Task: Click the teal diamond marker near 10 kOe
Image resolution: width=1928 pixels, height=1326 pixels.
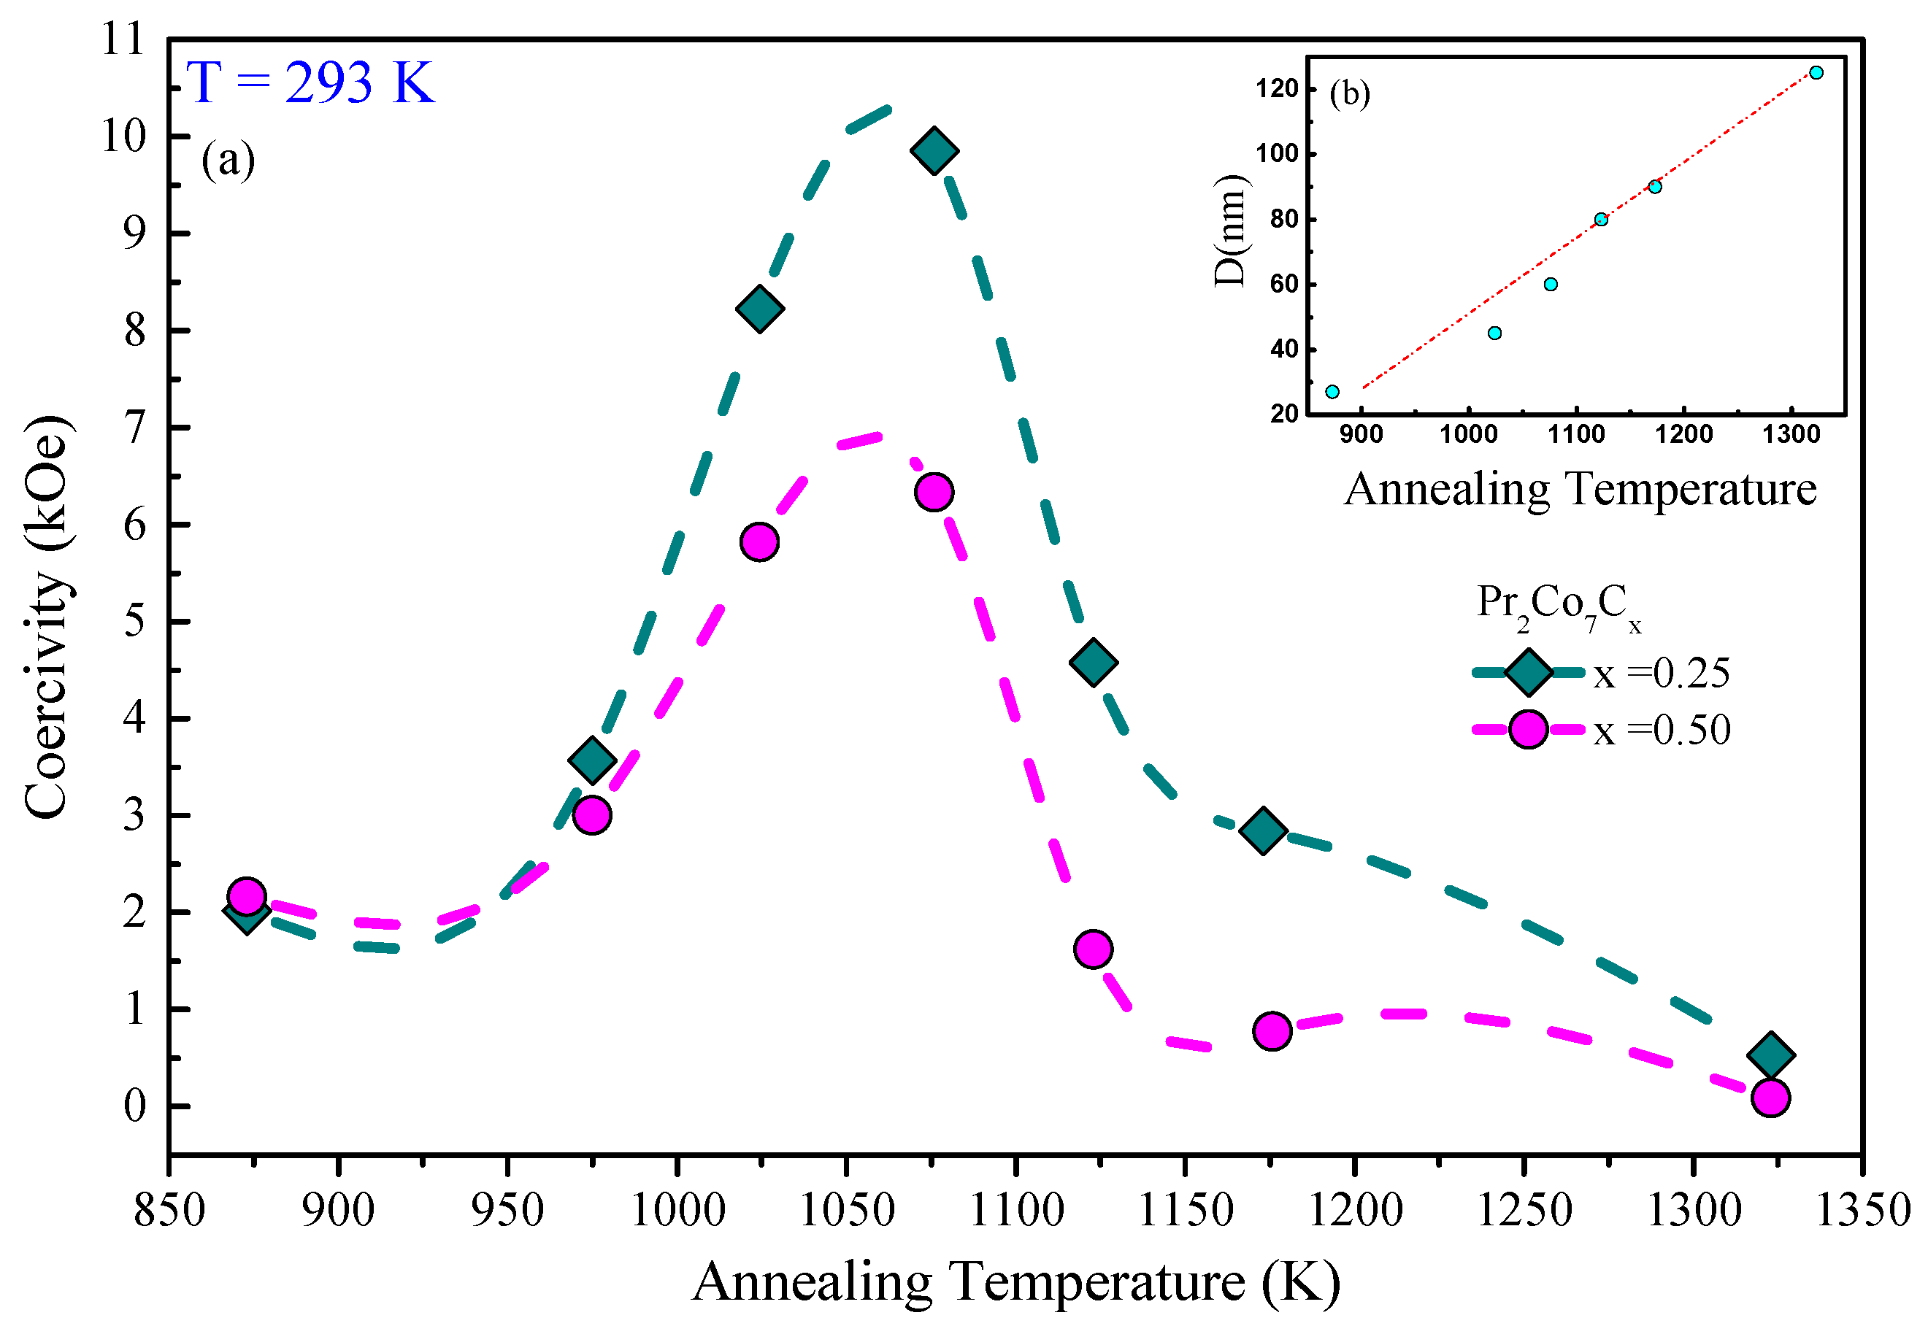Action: click(x=934, y=151)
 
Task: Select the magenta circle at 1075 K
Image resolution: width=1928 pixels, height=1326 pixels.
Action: click(x=934, y=493)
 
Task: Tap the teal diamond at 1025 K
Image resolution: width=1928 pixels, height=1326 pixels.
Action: click(x=759, y=309)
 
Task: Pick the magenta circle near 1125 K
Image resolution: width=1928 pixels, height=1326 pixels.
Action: click(x=1094, y=949)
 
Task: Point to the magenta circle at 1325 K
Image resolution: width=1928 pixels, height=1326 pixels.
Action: click(x=1771, y=1098)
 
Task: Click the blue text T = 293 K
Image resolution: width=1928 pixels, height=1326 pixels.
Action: click(x=311, y=82)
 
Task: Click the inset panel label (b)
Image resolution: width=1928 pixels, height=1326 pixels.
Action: click(x=1350, y=93)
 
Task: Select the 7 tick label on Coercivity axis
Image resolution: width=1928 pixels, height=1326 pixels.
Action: click(x=134, y=428)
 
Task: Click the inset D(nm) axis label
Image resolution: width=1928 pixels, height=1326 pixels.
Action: click(x=1230, y=231)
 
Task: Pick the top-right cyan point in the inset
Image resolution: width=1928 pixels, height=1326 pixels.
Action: click(x=1816, y=73)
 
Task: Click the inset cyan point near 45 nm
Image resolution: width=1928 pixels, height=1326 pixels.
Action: click(x=1495, y=334)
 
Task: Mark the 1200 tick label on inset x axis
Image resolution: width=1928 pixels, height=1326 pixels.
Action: click(x=1683, y=434)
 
